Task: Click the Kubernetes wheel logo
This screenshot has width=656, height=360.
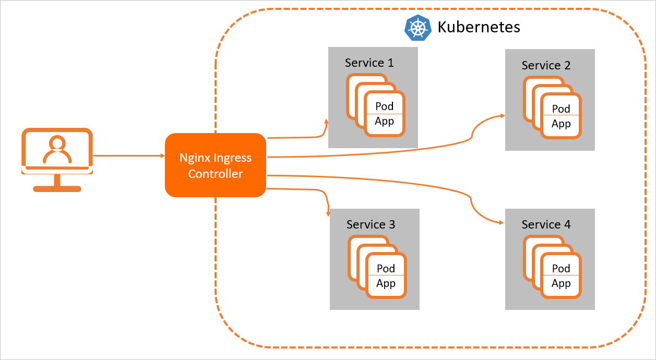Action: (419, 28)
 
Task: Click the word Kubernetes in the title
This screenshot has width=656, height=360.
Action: (479, 27)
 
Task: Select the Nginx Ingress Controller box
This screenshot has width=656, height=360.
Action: (216, 165)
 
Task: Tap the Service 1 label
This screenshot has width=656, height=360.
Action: (369, 63)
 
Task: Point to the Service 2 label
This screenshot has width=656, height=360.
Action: (546, 66)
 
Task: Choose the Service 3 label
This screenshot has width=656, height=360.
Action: (371, 224)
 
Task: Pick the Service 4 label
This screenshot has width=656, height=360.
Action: (546, 224)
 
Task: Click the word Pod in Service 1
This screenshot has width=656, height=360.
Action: (385, 106)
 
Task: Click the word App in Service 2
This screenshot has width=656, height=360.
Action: (561, 124)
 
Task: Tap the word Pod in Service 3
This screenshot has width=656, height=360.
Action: (386, 268)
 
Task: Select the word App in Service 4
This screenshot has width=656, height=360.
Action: (561, 283)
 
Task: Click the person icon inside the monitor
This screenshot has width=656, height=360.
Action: (57, 150)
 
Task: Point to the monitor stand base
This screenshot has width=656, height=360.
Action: (57, 188)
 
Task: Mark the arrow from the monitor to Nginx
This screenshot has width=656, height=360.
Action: (128, 155)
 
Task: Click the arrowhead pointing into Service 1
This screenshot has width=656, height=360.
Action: (326, 122)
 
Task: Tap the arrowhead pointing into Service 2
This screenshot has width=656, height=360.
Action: (502, 115)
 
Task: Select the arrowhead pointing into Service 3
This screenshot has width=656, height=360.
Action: (328, 213)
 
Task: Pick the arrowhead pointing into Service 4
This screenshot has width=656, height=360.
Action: (502, 223)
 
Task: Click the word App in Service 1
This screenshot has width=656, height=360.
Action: (385, 122)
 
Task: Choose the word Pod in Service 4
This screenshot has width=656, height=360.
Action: (561, 268)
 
